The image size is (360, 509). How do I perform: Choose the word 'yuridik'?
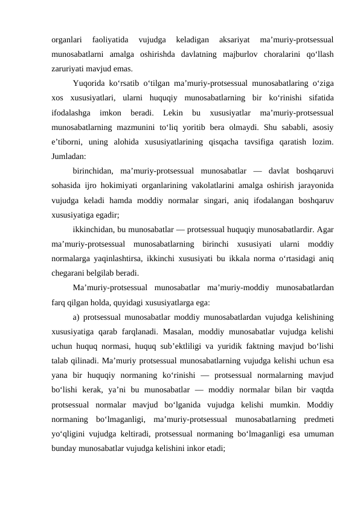click(x=230, y=346)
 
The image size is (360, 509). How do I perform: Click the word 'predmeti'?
click(x=315, y=420)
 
